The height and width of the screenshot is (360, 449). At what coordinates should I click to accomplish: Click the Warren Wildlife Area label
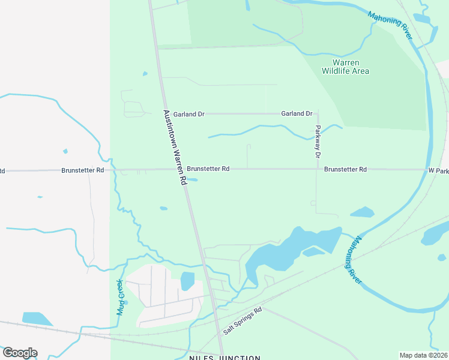(x=345, y=67)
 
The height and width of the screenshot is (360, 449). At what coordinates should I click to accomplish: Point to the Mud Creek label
(x=120, y=297)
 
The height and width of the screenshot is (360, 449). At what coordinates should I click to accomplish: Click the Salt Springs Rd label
(x=243, y=321)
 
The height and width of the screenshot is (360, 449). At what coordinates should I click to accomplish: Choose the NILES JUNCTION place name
(x=225, y=358)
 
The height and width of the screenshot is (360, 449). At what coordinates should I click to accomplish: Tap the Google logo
(x=20, y=353)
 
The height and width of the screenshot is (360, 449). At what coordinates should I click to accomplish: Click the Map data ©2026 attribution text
(x=423, y=355)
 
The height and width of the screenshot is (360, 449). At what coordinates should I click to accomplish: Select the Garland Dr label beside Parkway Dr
(x=297, y=113)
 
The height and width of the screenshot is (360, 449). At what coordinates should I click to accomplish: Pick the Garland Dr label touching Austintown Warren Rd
(x=189, y=113)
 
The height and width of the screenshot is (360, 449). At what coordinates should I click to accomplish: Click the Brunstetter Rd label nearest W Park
(x=345, y=170)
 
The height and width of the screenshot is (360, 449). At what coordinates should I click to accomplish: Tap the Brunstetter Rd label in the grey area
(x=83, y=170)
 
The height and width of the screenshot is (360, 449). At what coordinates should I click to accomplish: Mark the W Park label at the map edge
(x=438, y=171)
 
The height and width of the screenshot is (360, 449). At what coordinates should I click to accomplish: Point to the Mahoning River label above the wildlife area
(x=390, y=26)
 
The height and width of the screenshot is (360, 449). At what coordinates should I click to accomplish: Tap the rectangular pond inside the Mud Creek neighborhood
(x=187, y=281)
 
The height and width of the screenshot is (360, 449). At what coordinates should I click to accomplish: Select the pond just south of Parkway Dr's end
(x=362, y=212)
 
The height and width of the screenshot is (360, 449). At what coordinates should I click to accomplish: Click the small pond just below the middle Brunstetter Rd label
(x=192, y=179)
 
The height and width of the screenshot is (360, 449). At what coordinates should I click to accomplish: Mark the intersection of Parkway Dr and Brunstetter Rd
(x=318, y=169)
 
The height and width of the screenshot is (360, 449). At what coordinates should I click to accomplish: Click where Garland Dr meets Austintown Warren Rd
(x=165, y=113)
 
